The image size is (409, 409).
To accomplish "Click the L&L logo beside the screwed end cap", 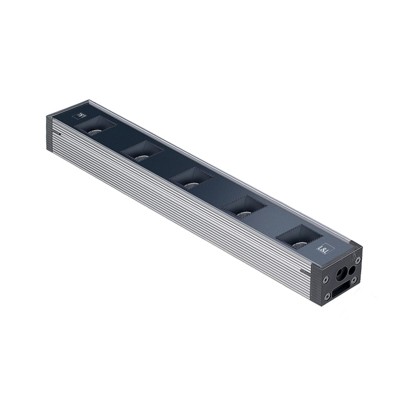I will [x=325, y=249].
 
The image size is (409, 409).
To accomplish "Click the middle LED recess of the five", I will [x=192, y=178].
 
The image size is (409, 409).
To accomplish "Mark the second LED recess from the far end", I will [x=142, y=151].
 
